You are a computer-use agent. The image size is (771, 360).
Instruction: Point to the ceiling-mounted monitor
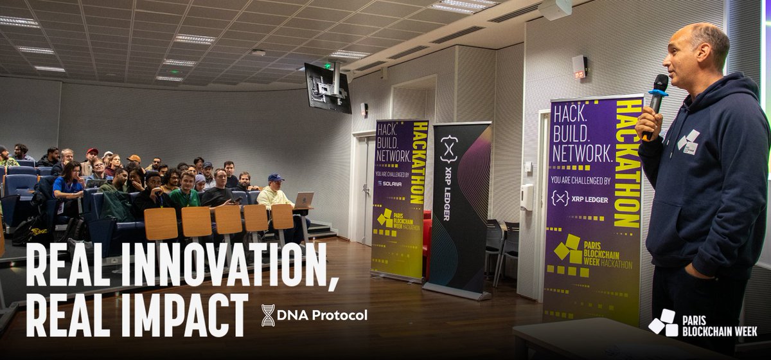click(x=328, y=87)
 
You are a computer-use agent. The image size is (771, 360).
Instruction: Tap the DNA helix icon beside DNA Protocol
click(x=268, y=315)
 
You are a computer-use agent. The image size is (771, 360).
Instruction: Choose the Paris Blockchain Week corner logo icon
click(x=662, y=323)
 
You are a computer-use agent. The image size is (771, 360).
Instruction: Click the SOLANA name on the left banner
click(x=391, y=183)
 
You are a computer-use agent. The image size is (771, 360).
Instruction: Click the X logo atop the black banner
click(x=448, y=149)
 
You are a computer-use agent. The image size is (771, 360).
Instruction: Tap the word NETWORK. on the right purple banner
click(x=581, y=155)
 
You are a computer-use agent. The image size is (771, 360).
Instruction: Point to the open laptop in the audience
click(x=303, y=200)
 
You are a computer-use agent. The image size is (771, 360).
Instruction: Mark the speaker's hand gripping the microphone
click(x=649, y=122)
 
